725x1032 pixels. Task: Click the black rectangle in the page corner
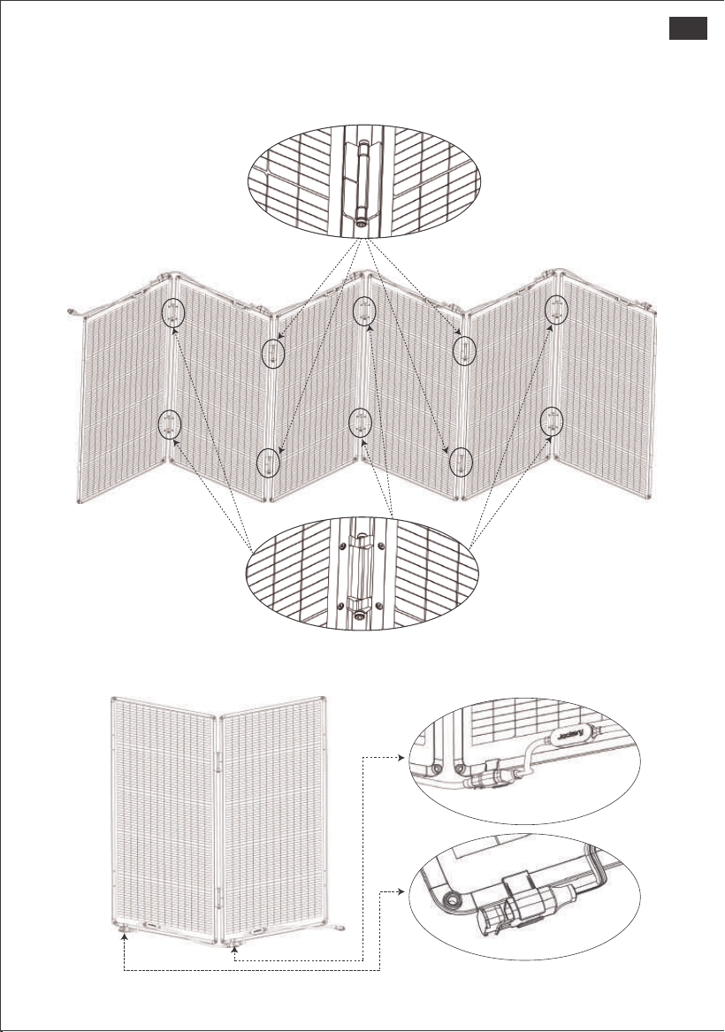point(688,28)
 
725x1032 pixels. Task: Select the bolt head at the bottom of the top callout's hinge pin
point(362,223)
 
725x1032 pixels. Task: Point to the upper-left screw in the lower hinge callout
point(342,546)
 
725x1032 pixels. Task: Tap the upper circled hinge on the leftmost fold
point(172,313)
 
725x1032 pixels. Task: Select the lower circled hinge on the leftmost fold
point(169,424)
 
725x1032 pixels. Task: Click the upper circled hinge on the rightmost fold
point(557,309)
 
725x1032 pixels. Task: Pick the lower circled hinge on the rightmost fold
point(552,422)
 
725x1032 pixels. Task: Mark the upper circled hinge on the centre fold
point(364,310)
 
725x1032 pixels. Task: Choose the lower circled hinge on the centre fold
point(361,423)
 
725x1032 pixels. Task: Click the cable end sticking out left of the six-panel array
point(76,311)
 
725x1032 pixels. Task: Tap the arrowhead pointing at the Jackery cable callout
point(400,758)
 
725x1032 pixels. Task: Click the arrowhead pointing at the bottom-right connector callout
point(400,892)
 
